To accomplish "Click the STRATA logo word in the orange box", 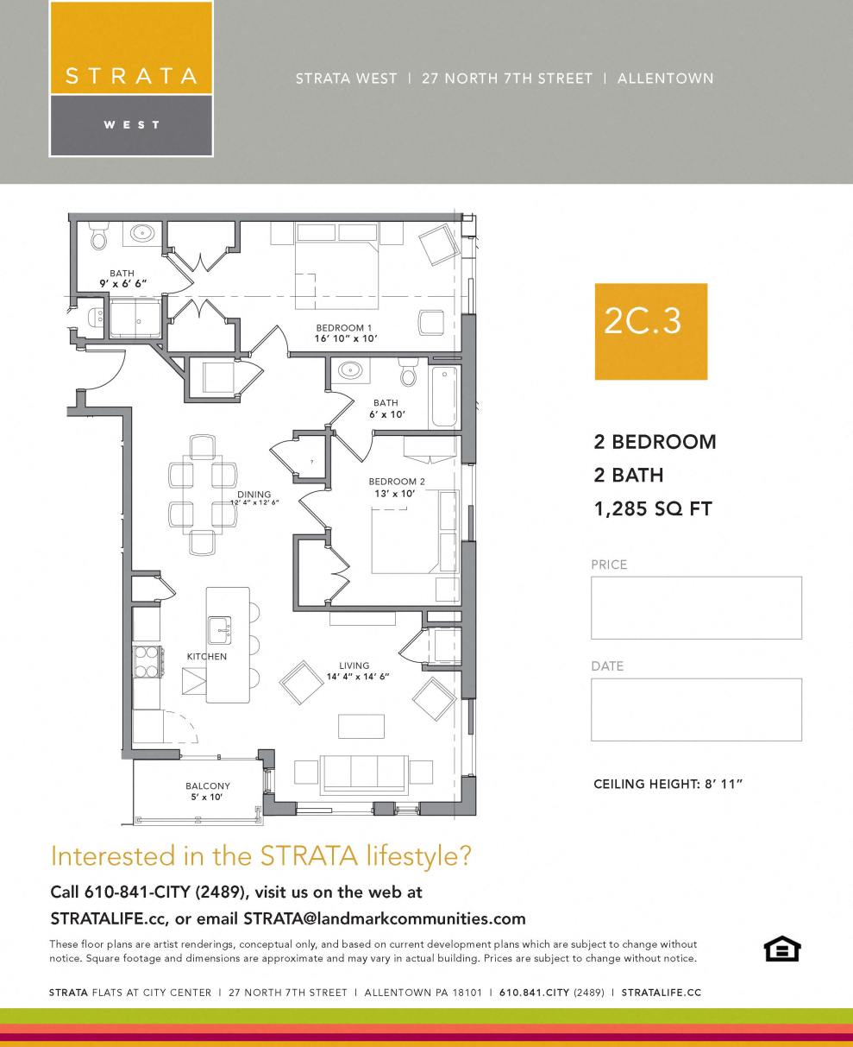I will [131, 76].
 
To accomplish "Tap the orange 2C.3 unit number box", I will [650, 331].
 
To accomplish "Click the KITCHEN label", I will [207, 657].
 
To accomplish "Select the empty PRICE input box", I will [696, 608].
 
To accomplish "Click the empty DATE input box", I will [696, 710].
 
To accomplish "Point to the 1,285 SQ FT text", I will [653, 508].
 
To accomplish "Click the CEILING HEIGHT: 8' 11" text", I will [668, 785].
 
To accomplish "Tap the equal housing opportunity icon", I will [782, 949].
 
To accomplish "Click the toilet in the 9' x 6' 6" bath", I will [98, 237].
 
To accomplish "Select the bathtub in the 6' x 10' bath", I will [445, 396].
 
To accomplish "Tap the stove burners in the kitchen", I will [147, 661].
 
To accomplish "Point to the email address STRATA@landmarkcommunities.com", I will [384, 918].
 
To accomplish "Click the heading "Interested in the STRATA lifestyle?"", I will [261, 856].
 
